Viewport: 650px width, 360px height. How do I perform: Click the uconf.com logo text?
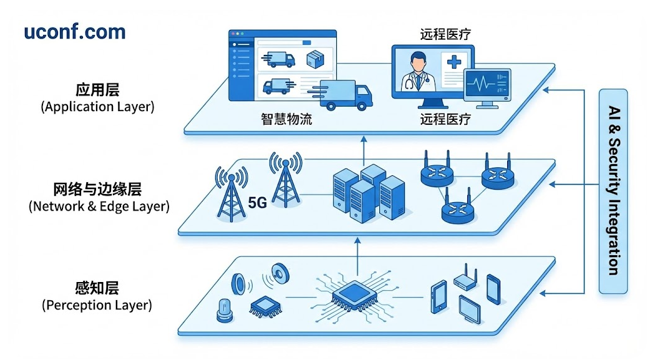point(74,32)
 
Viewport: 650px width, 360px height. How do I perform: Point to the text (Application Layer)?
point(97,107)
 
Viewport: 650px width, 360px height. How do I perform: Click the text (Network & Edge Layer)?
point(99,206)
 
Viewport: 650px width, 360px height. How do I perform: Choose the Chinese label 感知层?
point(96,288)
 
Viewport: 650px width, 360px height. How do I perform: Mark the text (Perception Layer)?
point(97,306)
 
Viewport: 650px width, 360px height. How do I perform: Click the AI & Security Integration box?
point(613,191)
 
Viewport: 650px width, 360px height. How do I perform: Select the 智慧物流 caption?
point(286,119)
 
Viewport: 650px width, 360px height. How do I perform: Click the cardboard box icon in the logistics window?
point(317,59)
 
